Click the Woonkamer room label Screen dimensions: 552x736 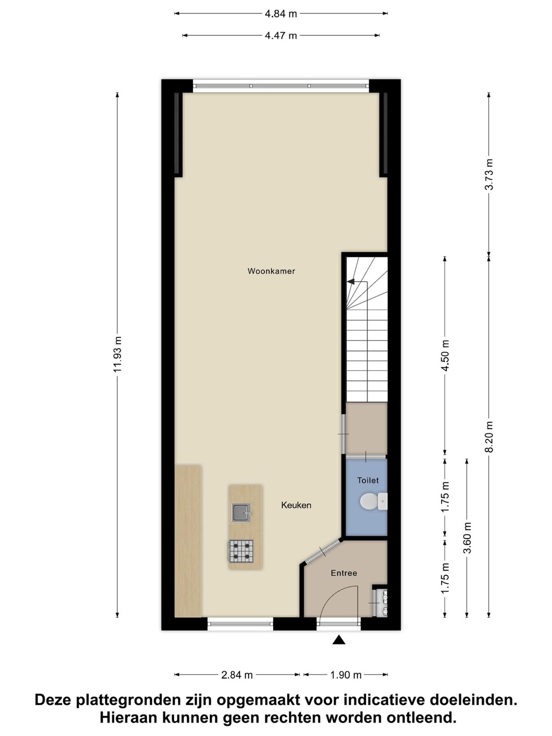(x=271, y=271)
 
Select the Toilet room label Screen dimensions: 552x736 (x=367, y=480)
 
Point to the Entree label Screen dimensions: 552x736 (x=343, y=573)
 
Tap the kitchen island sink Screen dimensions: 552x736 (x=241, y=512)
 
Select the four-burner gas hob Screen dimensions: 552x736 (x=241, y=551)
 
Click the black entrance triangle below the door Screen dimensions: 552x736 (x=339, y=640)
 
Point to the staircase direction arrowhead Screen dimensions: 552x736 (x=351, y=282)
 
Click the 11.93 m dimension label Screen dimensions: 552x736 (x=118, y=354)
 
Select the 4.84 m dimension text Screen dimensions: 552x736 (x=281, y=14)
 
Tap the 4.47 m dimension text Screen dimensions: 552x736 (x=281, y=36)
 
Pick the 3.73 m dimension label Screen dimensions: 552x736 (x=489, y=174)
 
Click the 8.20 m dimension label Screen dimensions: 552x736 (x=489, y=437)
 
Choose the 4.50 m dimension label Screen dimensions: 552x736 (x=445, y=355)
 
